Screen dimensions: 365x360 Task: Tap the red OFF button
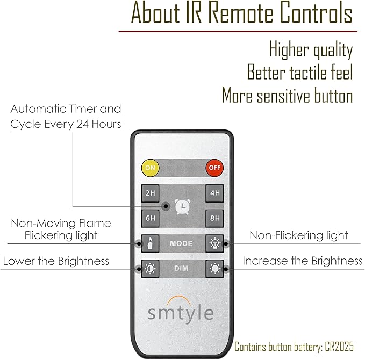tap(214, 168)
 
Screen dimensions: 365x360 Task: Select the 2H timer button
tap(151, 193)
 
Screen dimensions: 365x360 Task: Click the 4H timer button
tap(214, 193)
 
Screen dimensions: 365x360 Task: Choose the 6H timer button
tap(151, 219)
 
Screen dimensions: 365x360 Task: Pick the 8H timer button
tap(214, 219)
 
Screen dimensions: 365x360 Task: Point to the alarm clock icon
tap(183, 206)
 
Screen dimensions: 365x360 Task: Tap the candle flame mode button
tap(151, 243)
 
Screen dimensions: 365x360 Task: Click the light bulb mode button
tap(214, 243)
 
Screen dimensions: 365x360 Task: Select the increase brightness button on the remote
tap(214, 269)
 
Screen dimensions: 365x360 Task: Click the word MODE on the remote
tap(181, 243)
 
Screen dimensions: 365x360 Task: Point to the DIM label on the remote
tap(181, 269)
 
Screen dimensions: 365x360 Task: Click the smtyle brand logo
tap(181, 309)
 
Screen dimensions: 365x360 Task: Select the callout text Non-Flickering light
tap(299, 235)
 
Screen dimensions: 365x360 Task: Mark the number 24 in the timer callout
tap(82, 124)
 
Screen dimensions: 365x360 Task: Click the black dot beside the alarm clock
tap(166, 206)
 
